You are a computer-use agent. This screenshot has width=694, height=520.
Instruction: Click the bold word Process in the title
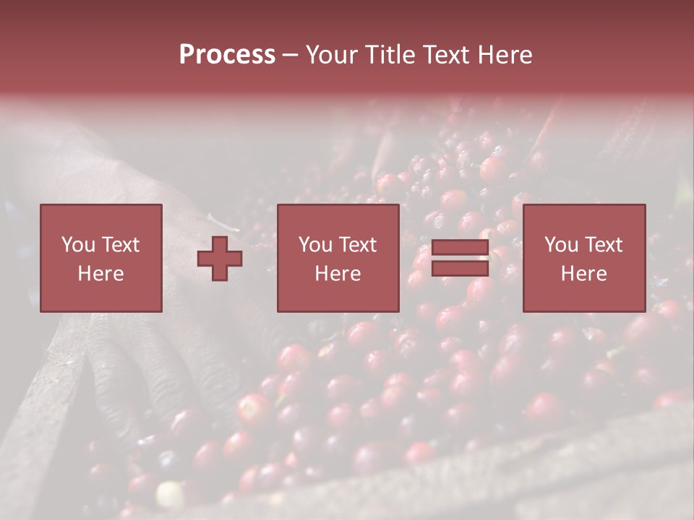[227, 55]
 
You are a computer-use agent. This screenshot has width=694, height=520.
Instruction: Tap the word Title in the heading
[389, 55]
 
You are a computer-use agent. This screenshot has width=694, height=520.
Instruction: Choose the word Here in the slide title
[506, 55]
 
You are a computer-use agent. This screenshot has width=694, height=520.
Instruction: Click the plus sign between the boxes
[220, 258]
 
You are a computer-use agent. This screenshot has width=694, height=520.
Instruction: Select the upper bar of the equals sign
[460, 248]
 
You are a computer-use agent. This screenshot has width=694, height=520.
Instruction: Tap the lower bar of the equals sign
[460, 269]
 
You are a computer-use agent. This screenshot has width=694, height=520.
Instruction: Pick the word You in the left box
[78, 245]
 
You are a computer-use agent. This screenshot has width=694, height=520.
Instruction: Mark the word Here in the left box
[100, 274]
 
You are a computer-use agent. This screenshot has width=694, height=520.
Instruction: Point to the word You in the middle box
[315, 245]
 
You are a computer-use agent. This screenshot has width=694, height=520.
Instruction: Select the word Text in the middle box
[357, 245]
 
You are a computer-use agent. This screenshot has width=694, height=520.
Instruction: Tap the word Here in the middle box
[338, 274]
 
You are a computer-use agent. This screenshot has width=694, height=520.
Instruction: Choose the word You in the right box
[561, 245]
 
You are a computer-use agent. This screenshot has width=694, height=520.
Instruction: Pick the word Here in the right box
[583, 274]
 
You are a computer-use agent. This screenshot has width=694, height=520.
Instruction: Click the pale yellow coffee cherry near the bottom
[171, 495]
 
